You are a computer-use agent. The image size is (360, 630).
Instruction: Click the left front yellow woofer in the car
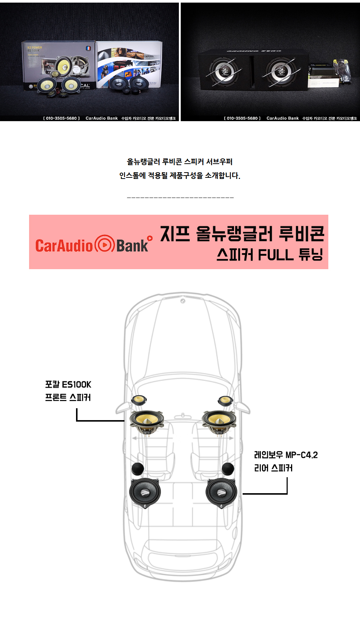146,421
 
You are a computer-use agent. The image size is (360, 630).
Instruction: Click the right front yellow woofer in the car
219,421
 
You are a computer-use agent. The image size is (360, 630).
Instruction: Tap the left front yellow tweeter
139,400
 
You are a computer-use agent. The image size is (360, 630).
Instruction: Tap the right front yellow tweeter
225,400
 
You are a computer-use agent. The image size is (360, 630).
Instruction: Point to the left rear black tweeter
138,468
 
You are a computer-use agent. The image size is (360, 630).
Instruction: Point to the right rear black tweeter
228,468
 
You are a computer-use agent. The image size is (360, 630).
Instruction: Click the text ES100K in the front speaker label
76,384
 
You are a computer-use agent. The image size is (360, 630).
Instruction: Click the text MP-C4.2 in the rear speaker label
301,455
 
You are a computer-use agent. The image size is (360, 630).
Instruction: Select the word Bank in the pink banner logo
132,246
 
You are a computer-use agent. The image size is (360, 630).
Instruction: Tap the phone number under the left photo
61,118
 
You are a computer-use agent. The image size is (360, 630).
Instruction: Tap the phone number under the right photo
242,118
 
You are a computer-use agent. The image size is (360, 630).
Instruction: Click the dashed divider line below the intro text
180,197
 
